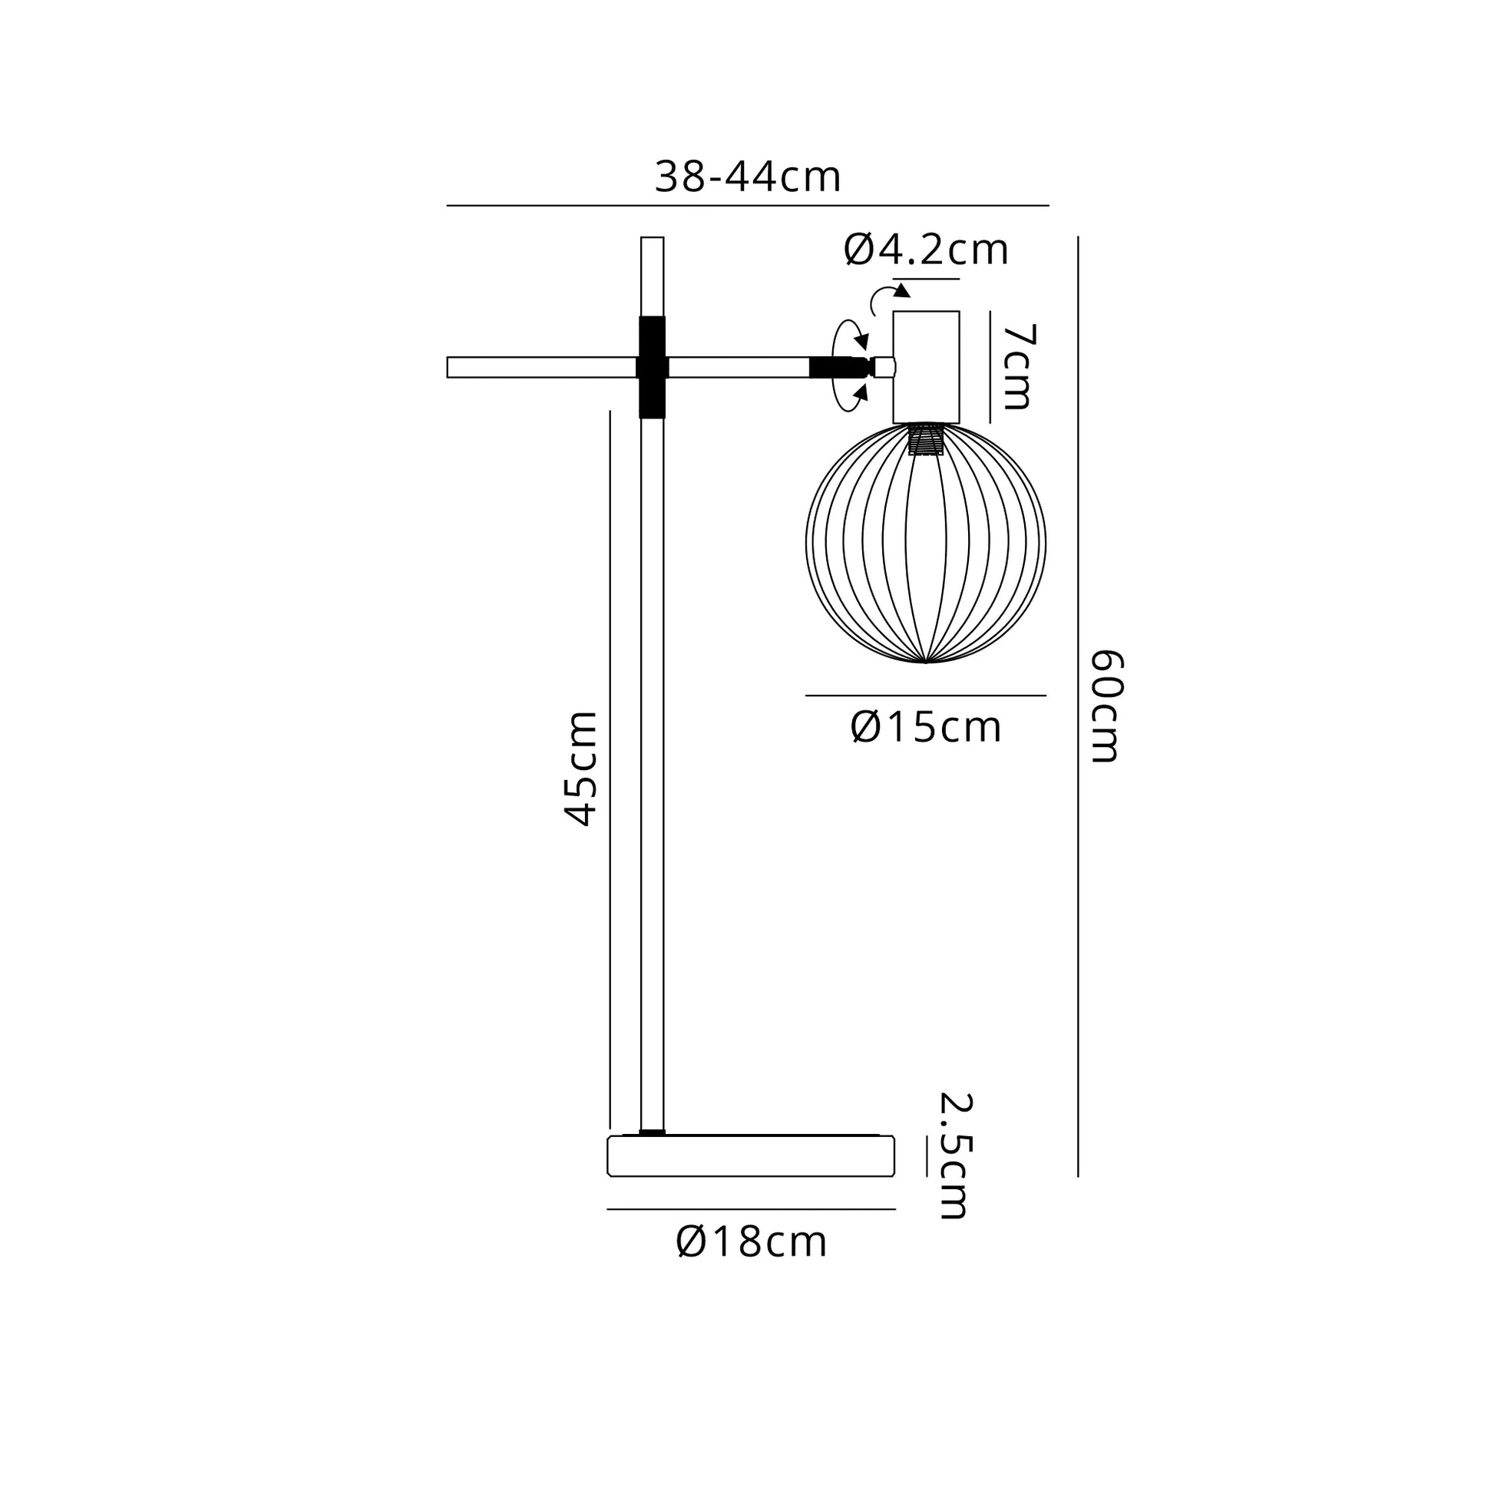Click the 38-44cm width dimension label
coord(747,178)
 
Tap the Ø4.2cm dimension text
coord(926,250)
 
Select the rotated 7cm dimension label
coord(1018,366)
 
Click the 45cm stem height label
coord(580,768)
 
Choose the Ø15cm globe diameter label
coord(926,728)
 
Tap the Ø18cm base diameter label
coord(752,1242)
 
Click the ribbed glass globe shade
coord(926,543)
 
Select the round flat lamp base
coord(751,1155)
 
